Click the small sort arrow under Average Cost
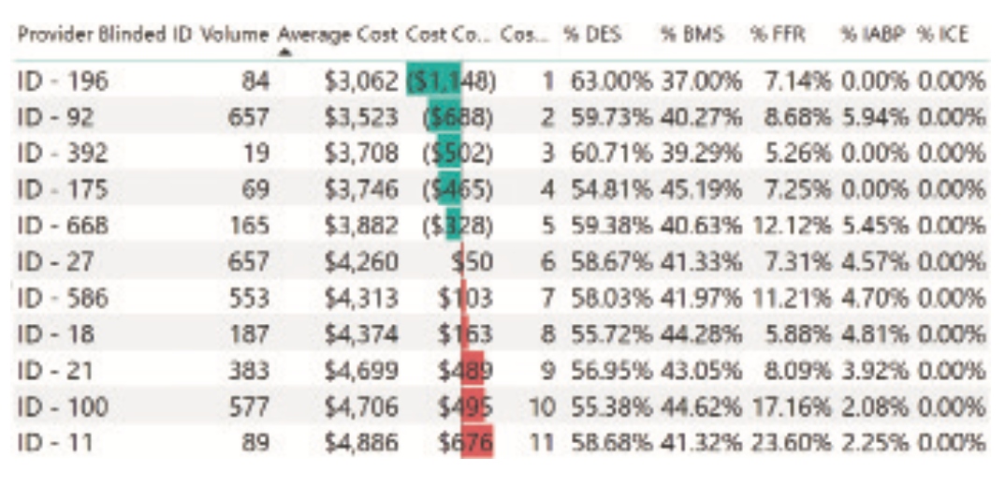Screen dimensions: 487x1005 [284, 52]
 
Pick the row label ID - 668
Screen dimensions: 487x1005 [63, 226]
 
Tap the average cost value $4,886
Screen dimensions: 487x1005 [361, 441]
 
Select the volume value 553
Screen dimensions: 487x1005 [249, 298]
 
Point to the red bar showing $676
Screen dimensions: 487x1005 [477, 441]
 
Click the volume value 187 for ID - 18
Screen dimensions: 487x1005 [249, 333]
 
